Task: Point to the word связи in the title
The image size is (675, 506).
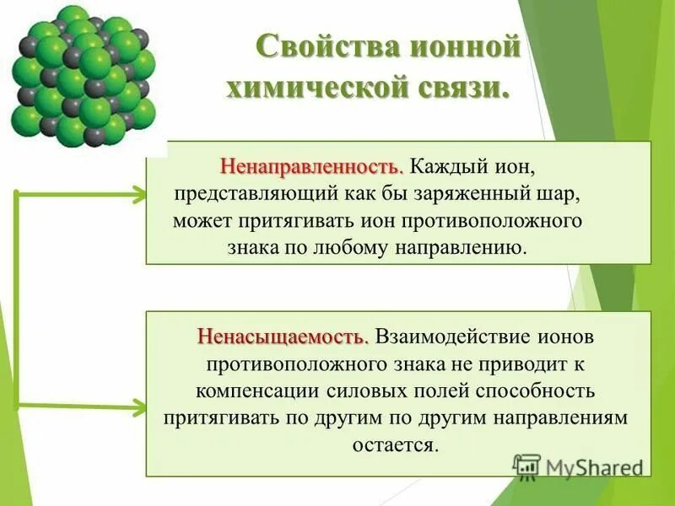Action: point(465,88)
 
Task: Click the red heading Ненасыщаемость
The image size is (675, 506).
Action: point(283,336)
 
